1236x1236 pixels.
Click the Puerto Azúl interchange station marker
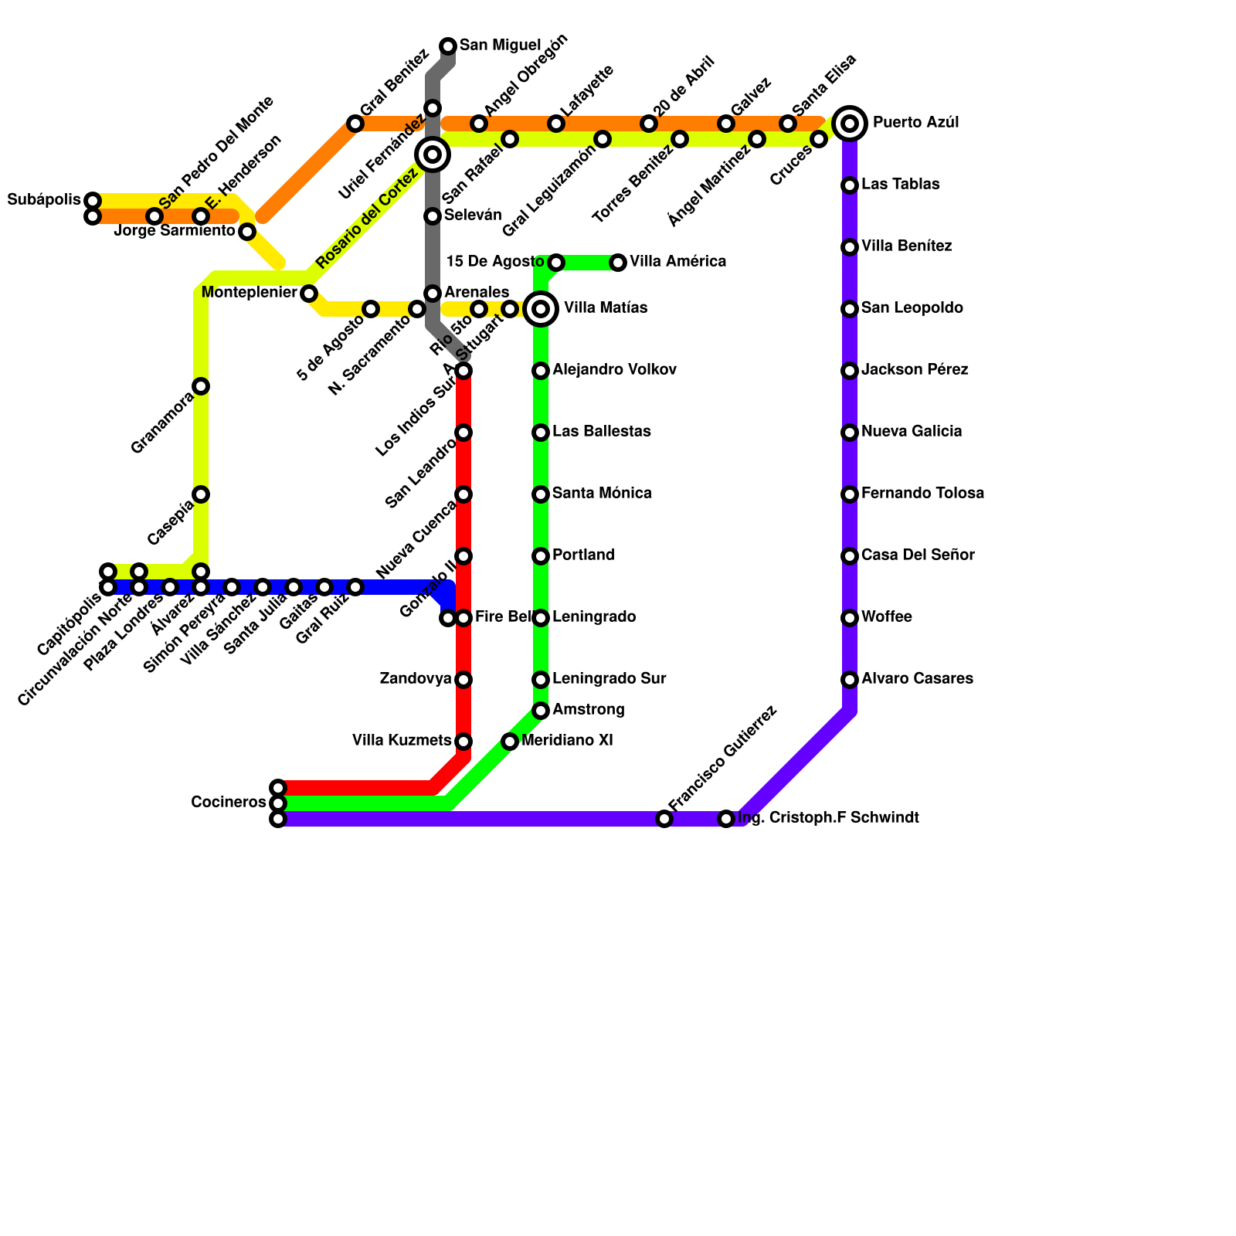pos(850,124)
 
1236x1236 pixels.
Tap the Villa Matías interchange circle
pos(541,309)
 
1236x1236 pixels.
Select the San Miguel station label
pos(500,46)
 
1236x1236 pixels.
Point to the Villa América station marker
pos(618,263)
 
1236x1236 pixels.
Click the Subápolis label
pos(43,200)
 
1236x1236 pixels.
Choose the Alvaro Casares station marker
pos(850,680)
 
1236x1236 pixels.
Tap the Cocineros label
pos(228,803)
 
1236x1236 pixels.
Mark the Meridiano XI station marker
pos(510,742)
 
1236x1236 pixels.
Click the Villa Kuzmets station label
pos(402,741)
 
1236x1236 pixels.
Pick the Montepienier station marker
pos(309,294)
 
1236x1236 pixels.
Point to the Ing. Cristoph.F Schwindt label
pos(828,818)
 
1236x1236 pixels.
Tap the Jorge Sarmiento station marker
pos(247,232)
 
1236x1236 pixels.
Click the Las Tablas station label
pos(900,185)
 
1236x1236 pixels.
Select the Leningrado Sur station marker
pos(541,680)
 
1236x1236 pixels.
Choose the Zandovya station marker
pos(463,680)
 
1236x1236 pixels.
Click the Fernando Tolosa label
pos(922,494)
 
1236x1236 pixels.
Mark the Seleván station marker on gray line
pos(433,216)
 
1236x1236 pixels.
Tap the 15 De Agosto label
pos(495,262)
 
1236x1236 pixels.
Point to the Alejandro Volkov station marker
pos(541,371)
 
